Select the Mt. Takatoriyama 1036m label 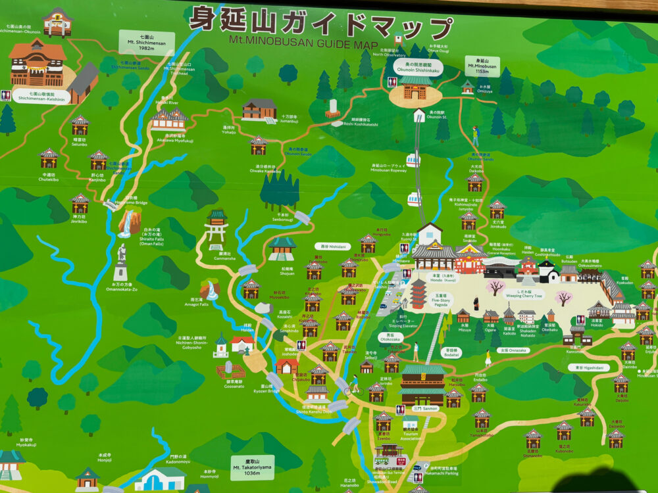(x=252, y=467)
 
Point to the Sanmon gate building (x=422, y=385)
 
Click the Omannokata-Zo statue (x=120, y=263)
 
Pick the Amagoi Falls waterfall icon (x=210, y=289)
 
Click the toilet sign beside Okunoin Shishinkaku (x=392, y=82)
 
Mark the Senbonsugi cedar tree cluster (x=280, y=191)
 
